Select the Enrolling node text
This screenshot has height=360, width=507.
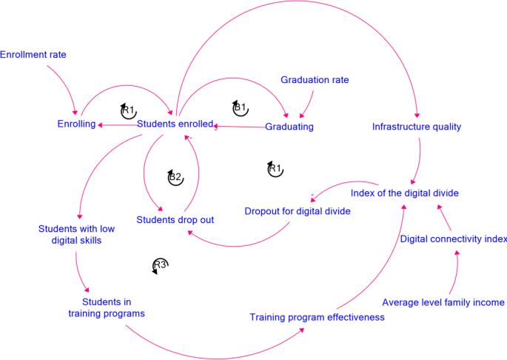(x=76, y=124)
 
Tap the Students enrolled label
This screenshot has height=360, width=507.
(x=175, y=124)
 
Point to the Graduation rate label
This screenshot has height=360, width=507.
(x=315, y=80)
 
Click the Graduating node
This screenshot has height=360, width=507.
(x=289, y=127)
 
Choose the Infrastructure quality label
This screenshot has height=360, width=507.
(x=417, y=127)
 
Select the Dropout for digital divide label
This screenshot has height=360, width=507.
(x=297, y=211)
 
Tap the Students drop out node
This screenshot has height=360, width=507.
(x=175, y=220)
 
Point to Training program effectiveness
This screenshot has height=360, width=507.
(x=317, y=317)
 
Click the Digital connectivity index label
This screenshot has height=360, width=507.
(x=453, y=239)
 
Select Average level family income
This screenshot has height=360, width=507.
(x=443, y=302)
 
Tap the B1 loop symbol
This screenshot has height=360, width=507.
(x=240, y=108)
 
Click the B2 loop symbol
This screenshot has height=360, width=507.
(x=175, y=177)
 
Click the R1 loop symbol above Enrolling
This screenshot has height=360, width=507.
(x=128, y=110)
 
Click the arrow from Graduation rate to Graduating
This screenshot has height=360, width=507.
(x=310, y=102)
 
